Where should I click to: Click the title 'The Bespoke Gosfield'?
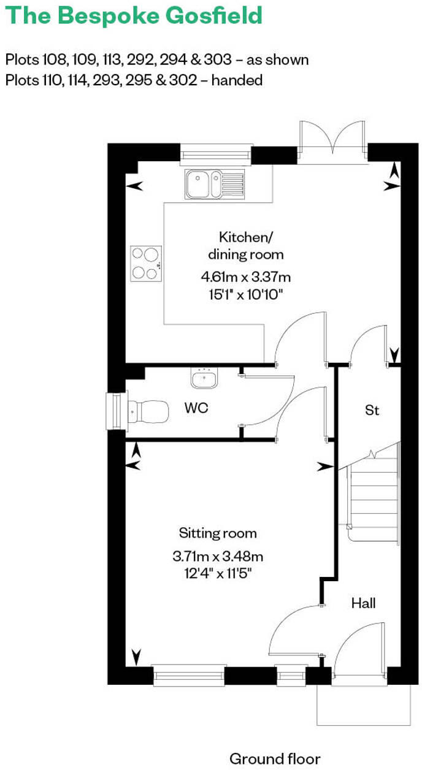coord(134,15)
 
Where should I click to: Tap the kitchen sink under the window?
coord(214,184)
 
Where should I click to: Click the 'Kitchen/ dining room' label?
coord(245,245)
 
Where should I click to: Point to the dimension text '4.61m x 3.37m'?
coord(245,276)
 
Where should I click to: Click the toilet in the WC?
coord(147,411)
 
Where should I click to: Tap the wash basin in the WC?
coord(204,379)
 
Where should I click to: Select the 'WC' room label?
coord(196,408)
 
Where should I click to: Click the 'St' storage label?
coord(372,410)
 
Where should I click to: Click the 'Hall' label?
coord(363,603)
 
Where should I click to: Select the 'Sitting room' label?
coord(218,533)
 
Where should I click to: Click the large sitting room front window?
coord(189,675)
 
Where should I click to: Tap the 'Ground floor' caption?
coord(275,758)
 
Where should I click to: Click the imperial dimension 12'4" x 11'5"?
coord(218,574)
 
